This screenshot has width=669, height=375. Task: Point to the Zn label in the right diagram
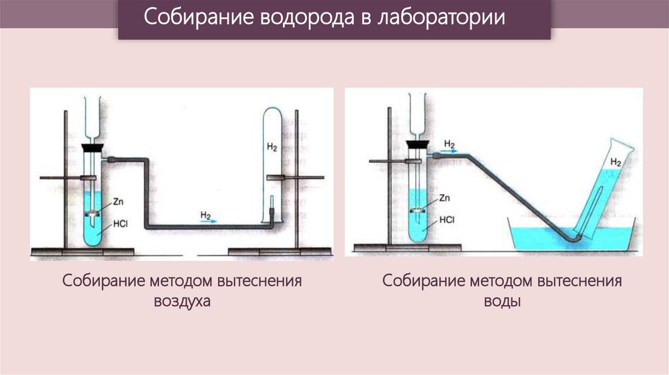click(x=445, y=197)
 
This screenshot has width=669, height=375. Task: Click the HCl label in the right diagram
click(x=446, y=220)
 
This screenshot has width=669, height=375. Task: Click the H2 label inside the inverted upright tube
click(x=272, y=148)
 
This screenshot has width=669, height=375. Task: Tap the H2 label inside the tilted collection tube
click(x=615, y=161)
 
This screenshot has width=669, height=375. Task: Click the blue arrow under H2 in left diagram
click(x=208, y=221)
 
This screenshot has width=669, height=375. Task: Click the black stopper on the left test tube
click(x=94, y=148)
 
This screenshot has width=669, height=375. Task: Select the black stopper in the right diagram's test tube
click(x=416, y=145)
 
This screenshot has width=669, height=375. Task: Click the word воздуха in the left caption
click(x=182, y=302)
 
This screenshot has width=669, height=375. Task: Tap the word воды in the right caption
click(x=502, y=302)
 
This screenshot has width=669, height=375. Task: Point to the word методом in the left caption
click(x=171, y=282)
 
